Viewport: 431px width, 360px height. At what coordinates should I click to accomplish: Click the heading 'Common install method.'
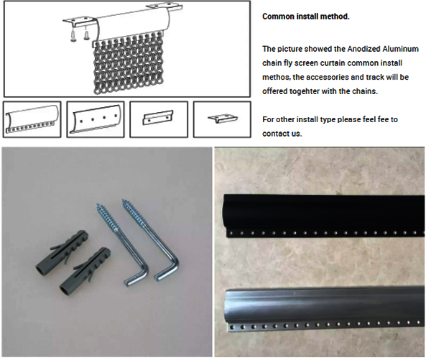tap(306, 17)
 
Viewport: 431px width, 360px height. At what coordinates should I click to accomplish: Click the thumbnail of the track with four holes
tap(96, 119)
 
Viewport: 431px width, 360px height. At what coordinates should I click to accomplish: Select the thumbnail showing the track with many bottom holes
tap(32, 119)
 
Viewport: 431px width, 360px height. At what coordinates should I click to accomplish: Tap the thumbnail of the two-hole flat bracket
tap(159, 119)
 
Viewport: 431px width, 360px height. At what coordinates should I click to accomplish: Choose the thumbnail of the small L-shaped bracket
tap(222, 119)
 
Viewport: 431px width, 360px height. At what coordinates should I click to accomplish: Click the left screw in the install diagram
tap(74, 34)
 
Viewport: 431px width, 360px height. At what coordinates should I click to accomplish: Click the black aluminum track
tap(323, 216)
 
